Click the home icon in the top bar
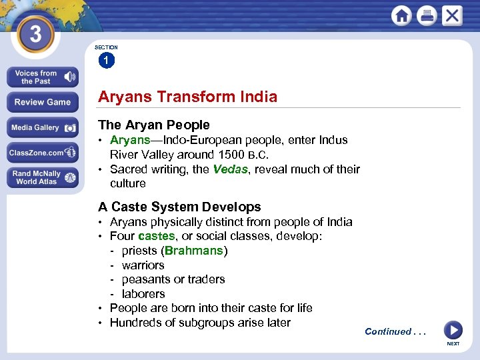pyautogui.click(x=402, y=15)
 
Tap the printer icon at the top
pyautogui.click(x=427, y=15)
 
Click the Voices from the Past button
pyautogui.click(x=42, y=77)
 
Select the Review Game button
pyautogui.click(x=42, y=102)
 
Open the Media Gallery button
pyautogui.click(x=42, y=128)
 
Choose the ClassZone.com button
pyautogui.click(x=42, y=153)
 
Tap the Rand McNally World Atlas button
pyautogui.click(x=42, y=177)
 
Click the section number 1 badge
pyautogui.click(x=106, y=61)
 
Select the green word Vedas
pyautogui.click(x=230, y=169)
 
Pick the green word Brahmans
pyautogui.click(x=193, y=251)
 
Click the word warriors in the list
pyautogui.click(x=143, y=265)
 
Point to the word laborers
pyautogui.click(x=143, y=294)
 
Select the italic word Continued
pyautogui.click(x=388, y=331)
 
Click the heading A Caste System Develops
pyautogui.click(x=179, y=207)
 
